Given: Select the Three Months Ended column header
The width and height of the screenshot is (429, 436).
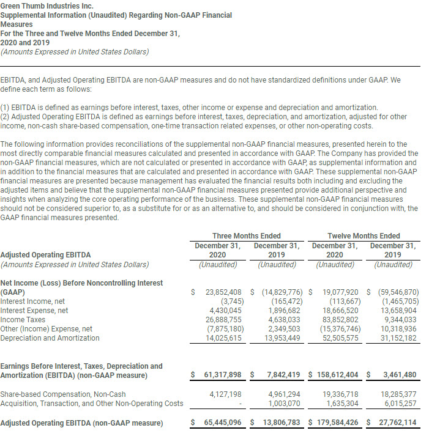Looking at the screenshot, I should click(x=246, y=235).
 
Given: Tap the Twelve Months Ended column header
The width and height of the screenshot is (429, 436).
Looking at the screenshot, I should click(x=364, y=235).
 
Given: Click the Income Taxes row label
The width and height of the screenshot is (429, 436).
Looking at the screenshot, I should click(x=22, y=319).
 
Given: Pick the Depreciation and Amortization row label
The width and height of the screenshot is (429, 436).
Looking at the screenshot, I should click(x=50, y=338).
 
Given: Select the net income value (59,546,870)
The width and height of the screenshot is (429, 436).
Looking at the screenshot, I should click(x=396, y=292).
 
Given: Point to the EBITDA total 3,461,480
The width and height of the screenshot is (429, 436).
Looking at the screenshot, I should click(x=399, y=374).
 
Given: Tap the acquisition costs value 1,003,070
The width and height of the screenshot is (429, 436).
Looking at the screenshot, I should click(x=282, y=403).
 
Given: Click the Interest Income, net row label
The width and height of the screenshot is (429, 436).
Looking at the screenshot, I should click(x=32, y=301).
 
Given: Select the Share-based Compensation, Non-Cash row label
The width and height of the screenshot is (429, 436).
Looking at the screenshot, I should click(x=63, y=394).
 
